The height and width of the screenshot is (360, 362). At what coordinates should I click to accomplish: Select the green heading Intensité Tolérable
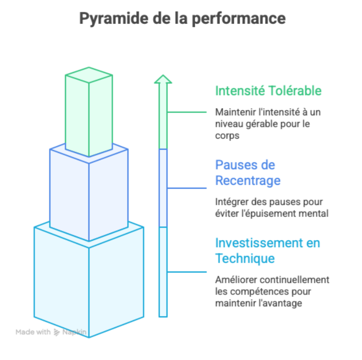pyautogui.click(x=268, y=91)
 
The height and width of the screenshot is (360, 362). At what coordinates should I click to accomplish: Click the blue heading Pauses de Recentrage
pyautogui.click(x=248, y=173)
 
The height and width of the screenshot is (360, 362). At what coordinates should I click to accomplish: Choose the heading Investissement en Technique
pyautogui.click(x=267, y=250)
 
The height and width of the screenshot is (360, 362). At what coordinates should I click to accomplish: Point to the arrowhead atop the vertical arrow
pyautogui.click(x=163, y=80)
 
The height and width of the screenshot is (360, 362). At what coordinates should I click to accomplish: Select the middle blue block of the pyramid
pyautogui.click(x=89, y=193)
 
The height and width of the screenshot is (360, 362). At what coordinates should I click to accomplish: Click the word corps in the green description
pyautogui.click(x=227, y=136)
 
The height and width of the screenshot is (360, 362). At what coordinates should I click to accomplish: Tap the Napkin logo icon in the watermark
pyautogui.click(x=57, y=332)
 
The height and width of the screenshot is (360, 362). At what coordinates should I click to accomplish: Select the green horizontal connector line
pyautogui.click(x=187, y=112)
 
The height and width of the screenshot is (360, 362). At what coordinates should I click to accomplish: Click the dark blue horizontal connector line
pyautogui.click(x=187, y=188)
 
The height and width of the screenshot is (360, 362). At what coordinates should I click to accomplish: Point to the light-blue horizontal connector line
pyautogui.click(x=187, y=272)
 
